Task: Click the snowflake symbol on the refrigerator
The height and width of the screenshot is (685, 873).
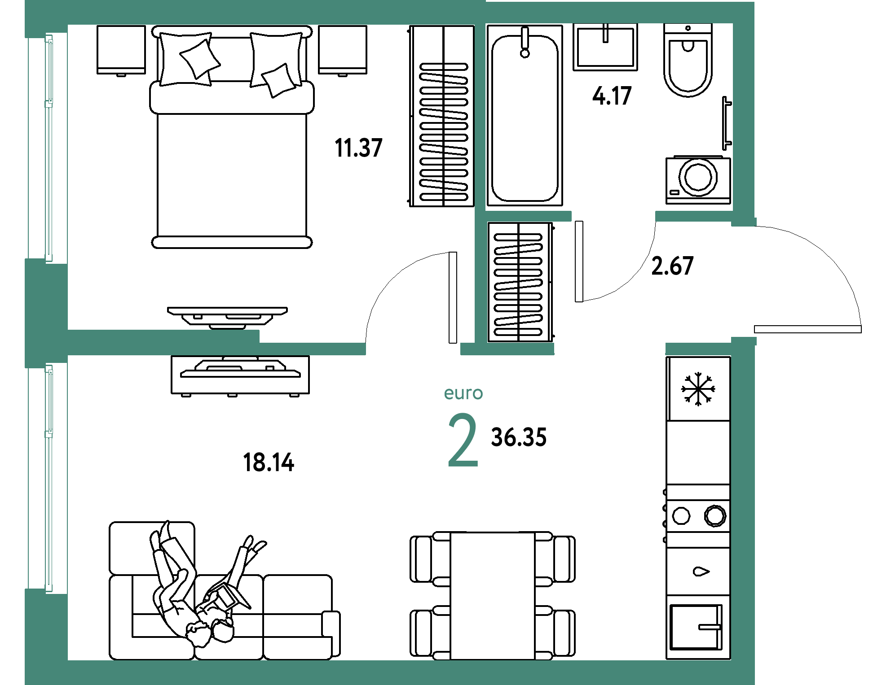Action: pyautogui.click(x=698, y=389)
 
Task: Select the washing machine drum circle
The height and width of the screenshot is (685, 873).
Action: pyautogui.click(x=698, y=177)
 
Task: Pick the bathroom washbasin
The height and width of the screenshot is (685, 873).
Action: pyautogui.click(x=605, y=47)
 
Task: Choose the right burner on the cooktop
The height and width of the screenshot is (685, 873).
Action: pyautogui.click(x=714, y=515)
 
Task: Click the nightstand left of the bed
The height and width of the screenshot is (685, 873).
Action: pyautogui.click(x=121, y=50)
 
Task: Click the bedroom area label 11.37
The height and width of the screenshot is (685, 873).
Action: pyautogui.click(x=358, y=148)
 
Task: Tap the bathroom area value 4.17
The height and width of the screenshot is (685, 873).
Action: pyautogui.click(x=612, y=96)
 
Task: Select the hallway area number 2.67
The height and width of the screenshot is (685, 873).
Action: pyautogui.click(x=672, y=266)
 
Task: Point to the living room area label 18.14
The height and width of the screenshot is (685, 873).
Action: pyautogui.click(x=269, y=462)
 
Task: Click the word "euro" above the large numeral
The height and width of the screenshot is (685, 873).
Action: pyautogui.click(x=463, y=393)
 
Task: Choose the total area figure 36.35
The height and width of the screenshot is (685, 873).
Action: pyautogui.click(x=519, y=437)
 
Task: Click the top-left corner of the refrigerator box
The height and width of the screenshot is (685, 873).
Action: pyautogui.click(x=666, y=357)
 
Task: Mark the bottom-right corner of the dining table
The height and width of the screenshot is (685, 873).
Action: pyautogui.click(x=535, y=659)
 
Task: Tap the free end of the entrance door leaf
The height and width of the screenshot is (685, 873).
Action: pyautogui.click(x=861, y=329)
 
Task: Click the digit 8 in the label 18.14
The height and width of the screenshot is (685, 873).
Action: pyautogui.click(x=260, y=462)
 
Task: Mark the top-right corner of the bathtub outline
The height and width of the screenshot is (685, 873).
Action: pyautogui.click(x=562, y=26)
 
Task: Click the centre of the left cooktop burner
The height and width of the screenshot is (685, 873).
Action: pyautogui.click(x=681, y=516)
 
